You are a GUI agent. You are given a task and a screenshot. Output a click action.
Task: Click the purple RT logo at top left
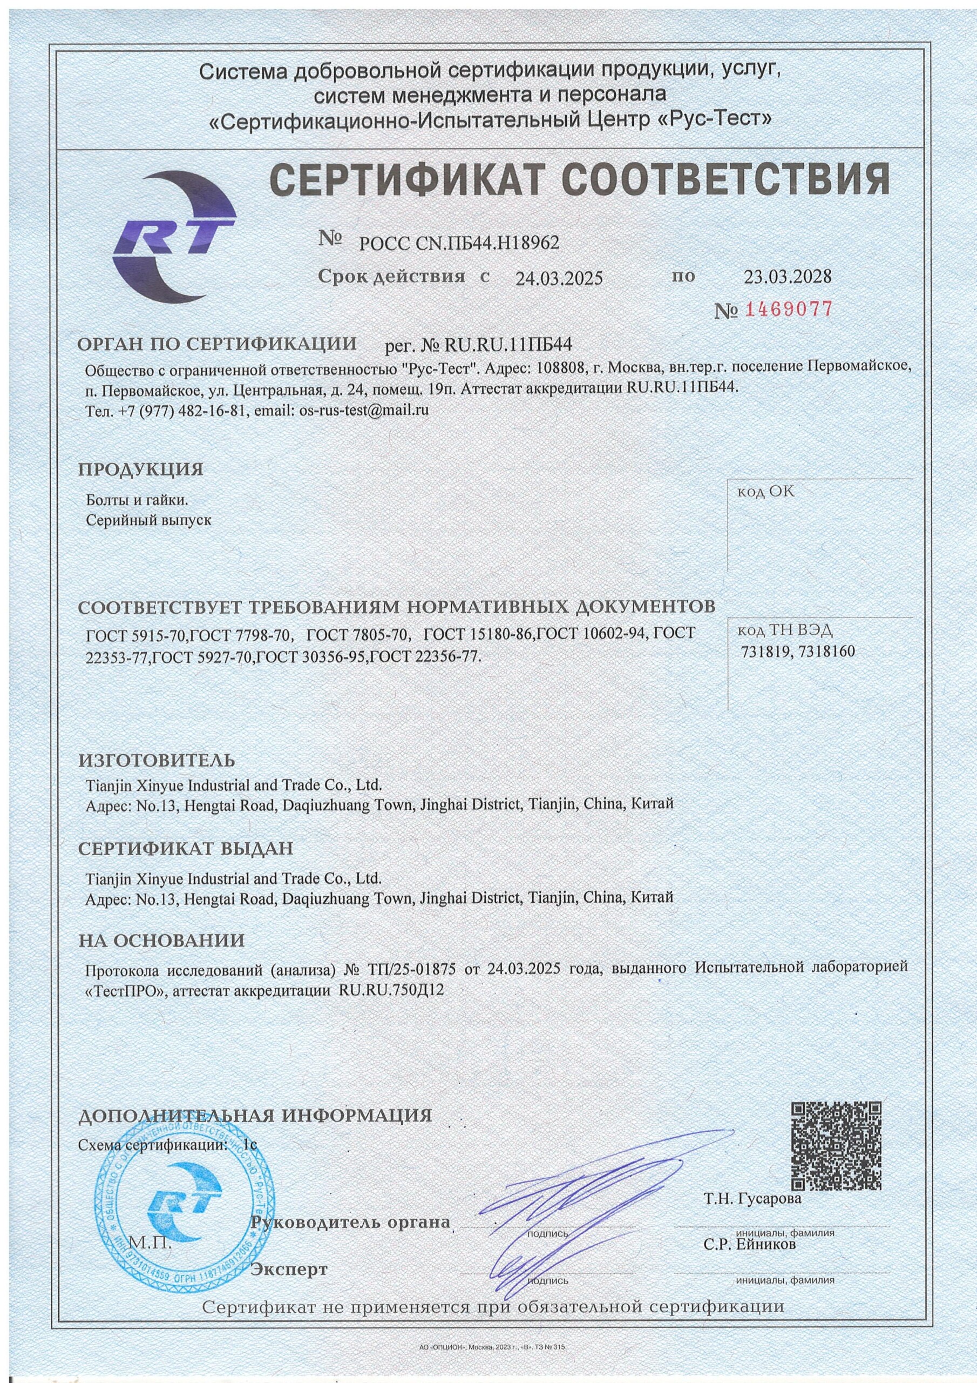pyautogui.click(x=173, y=239)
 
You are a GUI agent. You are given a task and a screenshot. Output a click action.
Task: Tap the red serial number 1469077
pyautogui.click(x=789, y=310)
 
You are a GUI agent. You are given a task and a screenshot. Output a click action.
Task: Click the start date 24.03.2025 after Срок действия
pyautogui.click(x=559, y=278)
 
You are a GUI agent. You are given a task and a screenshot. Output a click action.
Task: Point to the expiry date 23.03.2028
pyautogui.click(x=788, y=277)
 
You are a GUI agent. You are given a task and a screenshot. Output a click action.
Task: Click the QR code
pyautogui.click(x=836, y=1160)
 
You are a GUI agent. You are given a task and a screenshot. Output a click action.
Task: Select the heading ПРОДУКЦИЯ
pyautogui.click(x=141, y=470)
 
